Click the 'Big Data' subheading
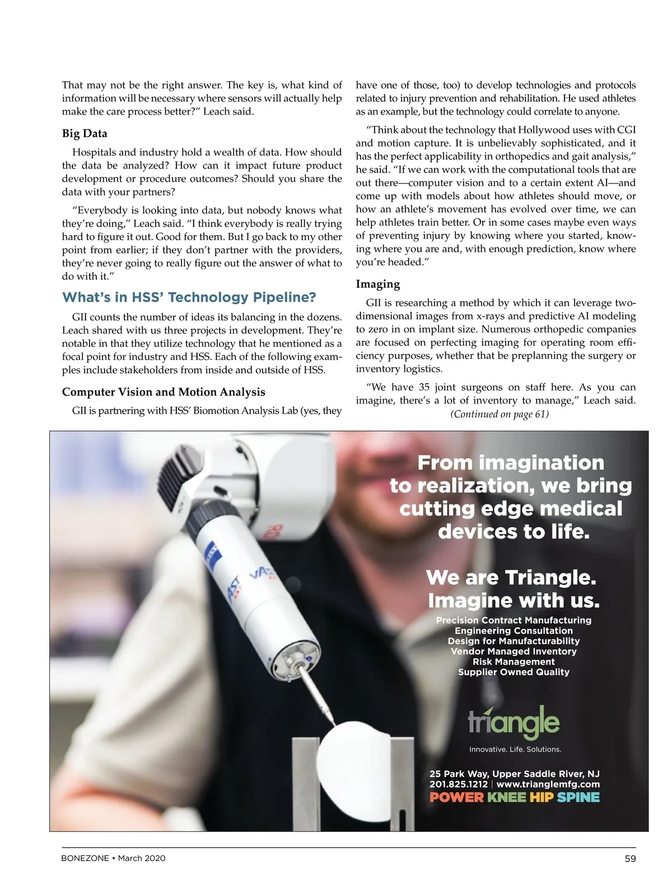point(85,133)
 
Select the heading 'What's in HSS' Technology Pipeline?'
point(189,297)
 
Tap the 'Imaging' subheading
point(378,284)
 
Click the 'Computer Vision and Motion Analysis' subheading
point(164,392)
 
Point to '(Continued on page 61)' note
point(500,414)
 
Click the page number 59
point(630,858)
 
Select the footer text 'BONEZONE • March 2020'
point(113,858)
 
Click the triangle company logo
point(514,722)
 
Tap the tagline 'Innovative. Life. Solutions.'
point(515,749)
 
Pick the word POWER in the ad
point(456,797)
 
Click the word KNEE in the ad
point(507,797)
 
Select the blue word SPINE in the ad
point(578,797)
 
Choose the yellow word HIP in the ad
point(542,797)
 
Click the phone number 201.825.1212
point(458,784)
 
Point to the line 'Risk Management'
point(514,662)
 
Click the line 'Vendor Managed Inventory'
point(514,652)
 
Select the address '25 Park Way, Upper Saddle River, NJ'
point(514,774)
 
